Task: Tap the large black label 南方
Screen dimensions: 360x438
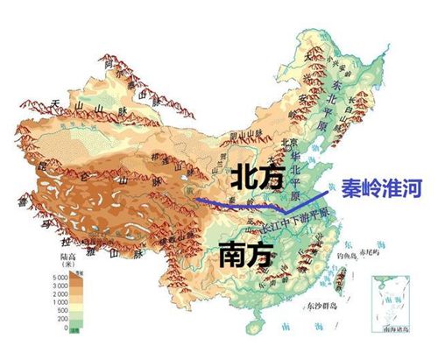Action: click(239, 253)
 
